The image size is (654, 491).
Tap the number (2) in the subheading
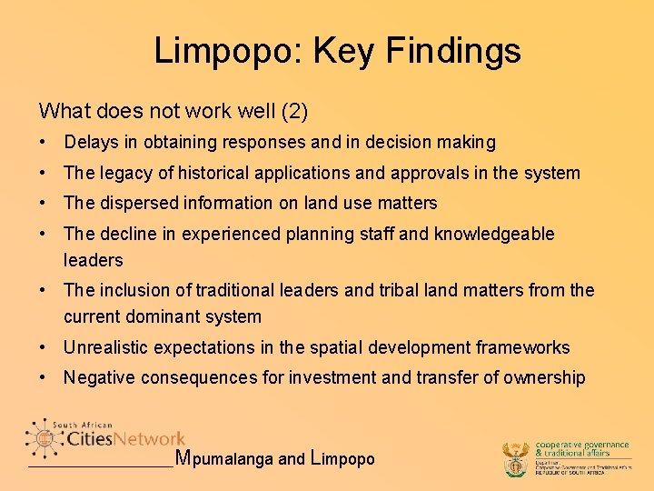(295, 112)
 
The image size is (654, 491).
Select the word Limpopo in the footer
(342, 459)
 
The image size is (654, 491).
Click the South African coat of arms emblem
(515, 460)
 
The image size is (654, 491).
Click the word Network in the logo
(149, 439)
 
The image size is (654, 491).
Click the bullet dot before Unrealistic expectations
(44, 347)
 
